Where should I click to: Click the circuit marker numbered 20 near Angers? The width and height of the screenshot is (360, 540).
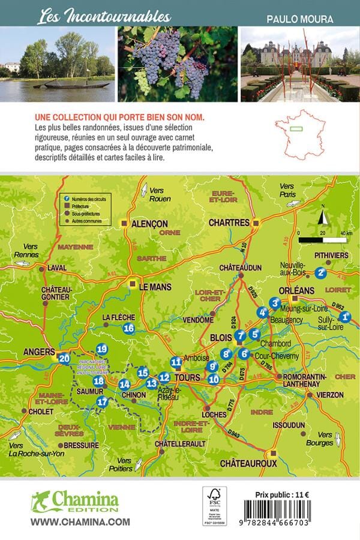click(64, 359)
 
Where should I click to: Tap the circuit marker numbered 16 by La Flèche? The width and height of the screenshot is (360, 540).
click(128, 328)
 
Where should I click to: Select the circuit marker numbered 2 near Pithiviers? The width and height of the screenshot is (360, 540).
click(320, 272)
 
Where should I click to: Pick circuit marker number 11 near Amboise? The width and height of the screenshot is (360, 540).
click(176, 362)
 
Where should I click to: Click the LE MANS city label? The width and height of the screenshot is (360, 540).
click(155, 287)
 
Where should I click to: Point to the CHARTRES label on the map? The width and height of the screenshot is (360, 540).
click(229, 223)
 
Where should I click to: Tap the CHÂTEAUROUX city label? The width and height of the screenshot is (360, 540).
click(248, 463)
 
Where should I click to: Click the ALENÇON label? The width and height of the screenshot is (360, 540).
click(149, 223)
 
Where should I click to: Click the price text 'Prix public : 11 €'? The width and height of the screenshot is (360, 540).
click(288, 494)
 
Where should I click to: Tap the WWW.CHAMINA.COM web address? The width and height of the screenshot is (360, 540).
click(80, 522)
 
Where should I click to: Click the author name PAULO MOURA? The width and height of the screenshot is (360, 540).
click(300, 19)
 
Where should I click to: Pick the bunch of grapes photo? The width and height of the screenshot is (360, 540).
click(177, 64)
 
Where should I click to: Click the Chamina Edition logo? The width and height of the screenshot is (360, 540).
click(75, 501)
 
